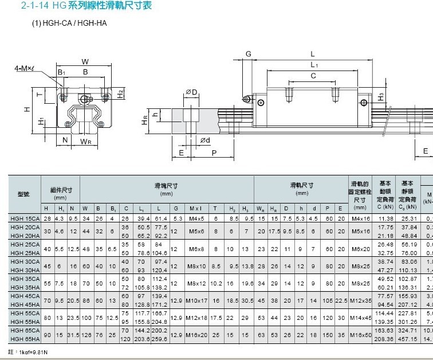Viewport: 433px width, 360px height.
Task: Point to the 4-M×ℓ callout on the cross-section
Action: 25,69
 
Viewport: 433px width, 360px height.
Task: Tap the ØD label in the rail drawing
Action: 191,92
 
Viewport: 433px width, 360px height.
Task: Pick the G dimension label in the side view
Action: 249,54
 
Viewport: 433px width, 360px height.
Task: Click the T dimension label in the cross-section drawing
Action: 38,95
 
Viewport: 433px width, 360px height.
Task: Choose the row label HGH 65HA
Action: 24,339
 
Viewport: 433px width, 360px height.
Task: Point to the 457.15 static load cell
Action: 408,339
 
